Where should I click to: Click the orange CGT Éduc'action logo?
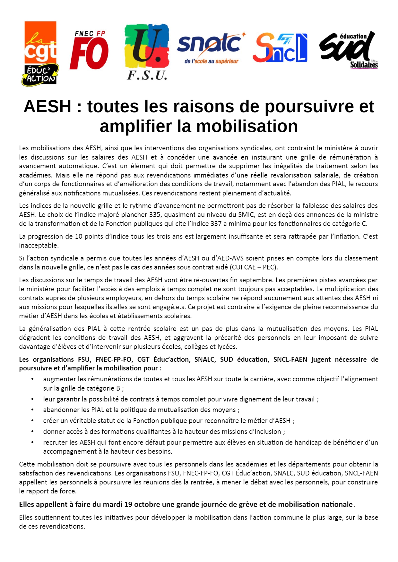(40, 53)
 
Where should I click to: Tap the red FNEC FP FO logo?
(89, 50)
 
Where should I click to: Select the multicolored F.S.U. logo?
(147, 51)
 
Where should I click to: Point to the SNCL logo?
(280, 48)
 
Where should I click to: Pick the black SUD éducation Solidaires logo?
(348, 50)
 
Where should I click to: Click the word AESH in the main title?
(48, 106)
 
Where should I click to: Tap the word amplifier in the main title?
(136, 126)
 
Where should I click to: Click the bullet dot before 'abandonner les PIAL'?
(32, 410)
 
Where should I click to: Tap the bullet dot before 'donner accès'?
(32, 432)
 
